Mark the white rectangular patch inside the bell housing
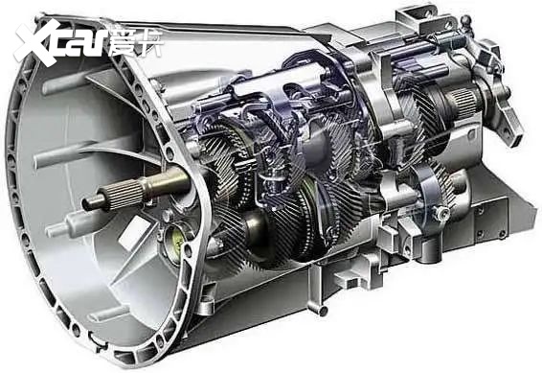click(x=134, y=228)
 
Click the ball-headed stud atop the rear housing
click(x=466, y=21)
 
